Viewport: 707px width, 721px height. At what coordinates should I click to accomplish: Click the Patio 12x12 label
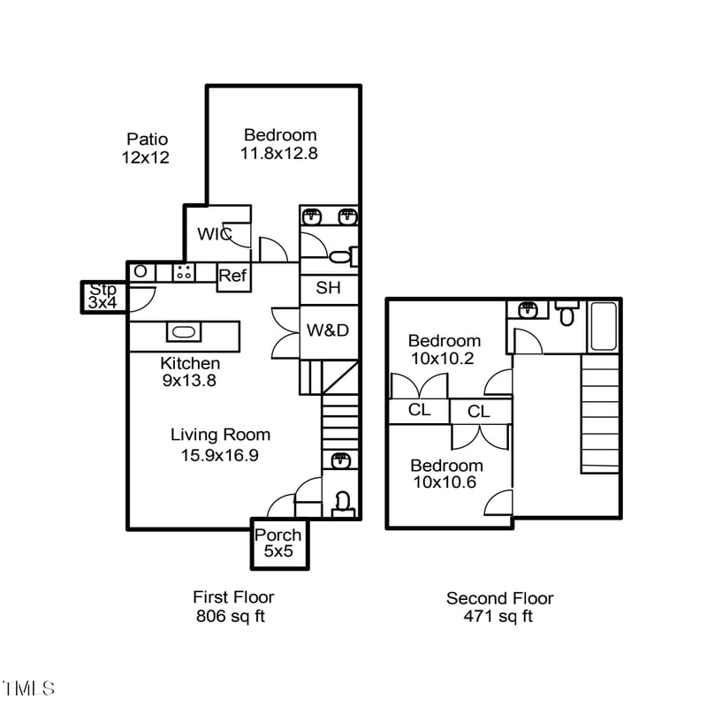147,148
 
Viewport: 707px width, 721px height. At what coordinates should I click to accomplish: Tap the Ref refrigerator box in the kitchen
232,276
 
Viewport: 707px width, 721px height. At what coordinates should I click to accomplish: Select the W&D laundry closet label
328,330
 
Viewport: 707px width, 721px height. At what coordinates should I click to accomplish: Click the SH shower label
328,288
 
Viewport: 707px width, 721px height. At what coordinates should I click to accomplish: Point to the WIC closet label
214,234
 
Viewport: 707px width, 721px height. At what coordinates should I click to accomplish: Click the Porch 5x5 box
278,543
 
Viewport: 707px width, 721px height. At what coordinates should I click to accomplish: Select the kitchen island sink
184,332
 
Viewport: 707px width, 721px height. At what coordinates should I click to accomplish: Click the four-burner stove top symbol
185,272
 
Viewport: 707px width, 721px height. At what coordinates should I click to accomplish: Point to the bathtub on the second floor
605,326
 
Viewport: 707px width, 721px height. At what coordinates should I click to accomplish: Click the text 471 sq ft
498,617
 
